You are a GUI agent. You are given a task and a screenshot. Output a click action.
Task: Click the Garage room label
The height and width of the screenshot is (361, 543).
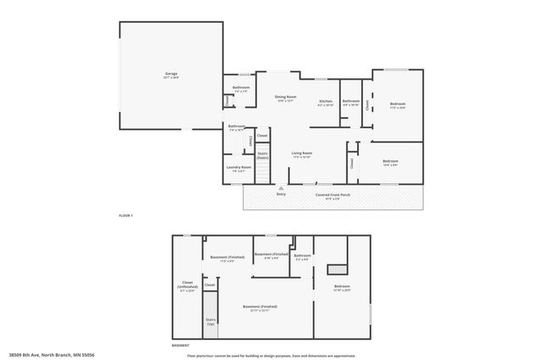click(171, 75)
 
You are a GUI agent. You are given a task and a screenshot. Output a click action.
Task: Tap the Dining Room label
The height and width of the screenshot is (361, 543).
click(285, 97)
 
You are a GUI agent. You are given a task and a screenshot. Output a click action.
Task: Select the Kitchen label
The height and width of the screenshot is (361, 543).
click(326, 102)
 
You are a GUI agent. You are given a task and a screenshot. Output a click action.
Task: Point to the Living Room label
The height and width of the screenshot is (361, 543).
click(302, 153)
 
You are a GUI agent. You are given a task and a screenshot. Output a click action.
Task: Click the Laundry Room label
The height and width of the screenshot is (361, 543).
click(238, 167)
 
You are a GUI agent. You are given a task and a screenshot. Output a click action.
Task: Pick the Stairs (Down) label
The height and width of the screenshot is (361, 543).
click(263, 155)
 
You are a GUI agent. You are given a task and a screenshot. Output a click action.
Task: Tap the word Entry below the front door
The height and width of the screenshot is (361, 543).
click(281, 194)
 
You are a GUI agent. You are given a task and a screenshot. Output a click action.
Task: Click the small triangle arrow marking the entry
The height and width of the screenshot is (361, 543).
click(281, 187)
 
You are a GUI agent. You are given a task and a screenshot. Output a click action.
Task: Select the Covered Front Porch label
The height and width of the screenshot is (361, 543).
click(333, 194)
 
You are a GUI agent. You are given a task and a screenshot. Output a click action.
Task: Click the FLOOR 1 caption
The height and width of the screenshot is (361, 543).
click(126, 218)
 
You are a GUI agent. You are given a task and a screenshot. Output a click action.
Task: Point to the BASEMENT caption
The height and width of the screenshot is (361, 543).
click(181, 346)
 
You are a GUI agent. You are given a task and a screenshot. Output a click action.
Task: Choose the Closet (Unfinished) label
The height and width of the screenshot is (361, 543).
click(188, 286)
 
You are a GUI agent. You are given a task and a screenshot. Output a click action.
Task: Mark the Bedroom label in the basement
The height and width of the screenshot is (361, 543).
click(342, 286)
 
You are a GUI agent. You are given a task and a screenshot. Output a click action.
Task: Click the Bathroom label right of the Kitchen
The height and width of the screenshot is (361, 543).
click(351, 102)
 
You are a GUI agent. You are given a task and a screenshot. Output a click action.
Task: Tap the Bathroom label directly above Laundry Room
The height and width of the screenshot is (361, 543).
click(237, 126)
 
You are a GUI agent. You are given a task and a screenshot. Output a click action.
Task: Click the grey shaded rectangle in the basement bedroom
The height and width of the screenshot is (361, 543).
click(339, 269)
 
